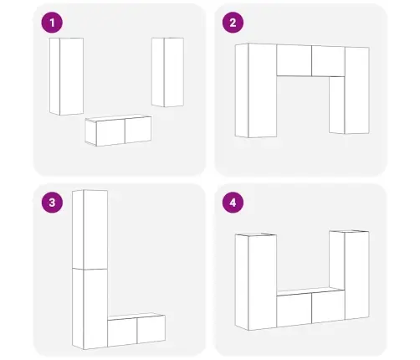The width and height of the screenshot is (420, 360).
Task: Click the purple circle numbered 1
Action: [x=52, y=23]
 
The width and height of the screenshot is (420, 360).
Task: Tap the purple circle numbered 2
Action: [x=233, y=23]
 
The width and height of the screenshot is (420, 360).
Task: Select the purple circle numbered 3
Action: [x=52, y=203]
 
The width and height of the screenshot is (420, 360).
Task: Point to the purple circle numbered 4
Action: [x=233, y=203]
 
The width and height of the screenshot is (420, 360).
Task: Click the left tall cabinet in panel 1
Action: [x=66, y=76]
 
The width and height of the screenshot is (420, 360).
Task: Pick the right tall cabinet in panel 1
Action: [x=167, y=72]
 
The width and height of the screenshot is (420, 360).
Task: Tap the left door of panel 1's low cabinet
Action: [x=110, y=132]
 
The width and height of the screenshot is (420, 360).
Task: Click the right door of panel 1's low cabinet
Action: [x=138, y=130]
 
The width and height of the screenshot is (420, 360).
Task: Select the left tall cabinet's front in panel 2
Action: [x=263, y=90]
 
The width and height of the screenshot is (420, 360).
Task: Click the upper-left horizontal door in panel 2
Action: [x=295, y=60]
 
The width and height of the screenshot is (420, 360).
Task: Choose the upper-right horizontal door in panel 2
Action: [x=329, y=61]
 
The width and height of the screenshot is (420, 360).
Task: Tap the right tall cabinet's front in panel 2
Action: [x=357, y=90]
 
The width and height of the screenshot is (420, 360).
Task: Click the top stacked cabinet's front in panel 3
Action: [x=95, y=229]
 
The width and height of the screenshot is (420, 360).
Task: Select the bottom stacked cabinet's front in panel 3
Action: [x=95, y=309]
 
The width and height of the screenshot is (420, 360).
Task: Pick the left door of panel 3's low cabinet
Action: [x=122, y=332]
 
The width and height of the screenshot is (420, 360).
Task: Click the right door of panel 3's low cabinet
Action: [x=151, y=329]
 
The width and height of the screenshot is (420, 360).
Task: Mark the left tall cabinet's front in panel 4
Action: [x=263, y=282]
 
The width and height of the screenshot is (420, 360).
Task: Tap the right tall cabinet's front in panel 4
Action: [x=357, y=275]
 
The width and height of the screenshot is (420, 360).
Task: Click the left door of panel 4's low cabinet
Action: [x=295, y=310]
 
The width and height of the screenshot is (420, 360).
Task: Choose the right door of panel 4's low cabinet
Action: [x=329, y=306]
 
